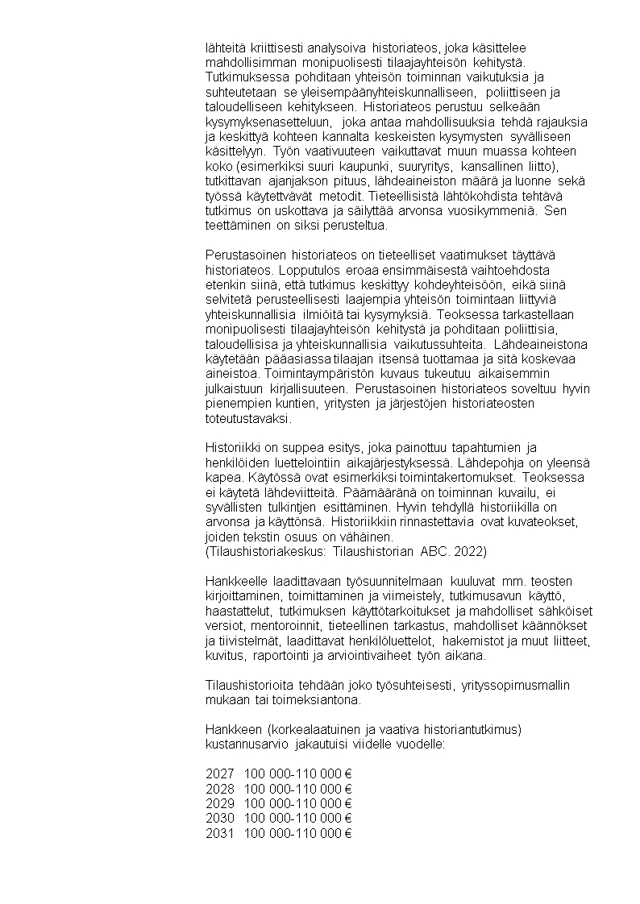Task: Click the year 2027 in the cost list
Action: coord(220,773)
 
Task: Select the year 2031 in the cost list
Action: coord(220,833)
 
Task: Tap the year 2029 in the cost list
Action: coord(220,803)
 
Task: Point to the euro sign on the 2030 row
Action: coord(348,819)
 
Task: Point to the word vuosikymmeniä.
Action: coord(483,211)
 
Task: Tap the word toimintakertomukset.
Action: coord(476,477)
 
